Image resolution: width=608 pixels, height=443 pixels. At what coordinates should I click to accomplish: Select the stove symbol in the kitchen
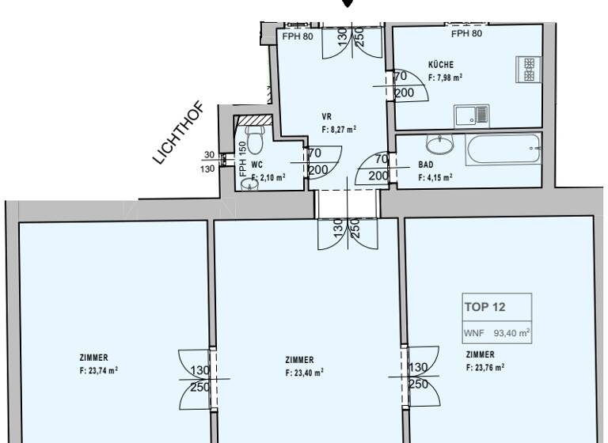(x=528, y=69)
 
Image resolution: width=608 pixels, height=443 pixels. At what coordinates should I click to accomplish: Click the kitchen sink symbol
(x=472, y=115)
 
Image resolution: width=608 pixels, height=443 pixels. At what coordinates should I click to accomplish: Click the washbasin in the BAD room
(x=439, y=144)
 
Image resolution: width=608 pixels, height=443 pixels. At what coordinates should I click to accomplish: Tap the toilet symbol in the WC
(x=254, y=140)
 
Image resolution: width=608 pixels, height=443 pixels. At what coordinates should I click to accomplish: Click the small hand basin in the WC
(x=249, y=184)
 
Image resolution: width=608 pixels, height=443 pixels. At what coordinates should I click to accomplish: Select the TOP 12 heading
(x=484, y=306)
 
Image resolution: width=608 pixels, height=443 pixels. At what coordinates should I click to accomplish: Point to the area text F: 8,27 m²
(x=338, y=128)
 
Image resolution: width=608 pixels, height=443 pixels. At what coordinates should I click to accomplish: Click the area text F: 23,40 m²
(x=304, y=372)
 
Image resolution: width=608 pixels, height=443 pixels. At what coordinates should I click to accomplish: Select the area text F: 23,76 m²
(x=485, y=367)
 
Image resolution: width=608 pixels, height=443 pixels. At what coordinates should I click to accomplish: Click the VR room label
(x=326, y=116)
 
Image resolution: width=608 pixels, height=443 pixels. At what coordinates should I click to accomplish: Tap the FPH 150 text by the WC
(x=242, y=160)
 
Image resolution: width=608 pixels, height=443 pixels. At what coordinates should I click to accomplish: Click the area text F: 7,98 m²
(x=445, y=78)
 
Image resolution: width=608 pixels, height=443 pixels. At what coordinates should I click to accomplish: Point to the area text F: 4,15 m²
(x=435, y=177)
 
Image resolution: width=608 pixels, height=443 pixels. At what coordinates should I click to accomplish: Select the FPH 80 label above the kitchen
(x=466, y=34)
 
